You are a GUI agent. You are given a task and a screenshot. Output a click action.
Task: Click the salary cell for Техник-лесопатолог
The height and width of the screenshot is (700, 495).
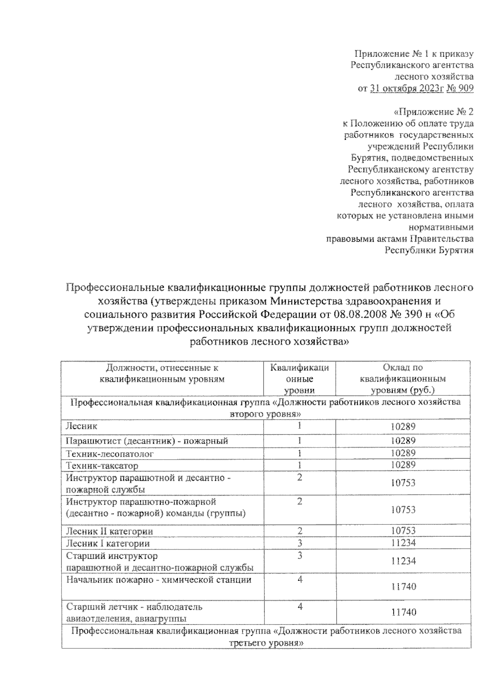point(403,453)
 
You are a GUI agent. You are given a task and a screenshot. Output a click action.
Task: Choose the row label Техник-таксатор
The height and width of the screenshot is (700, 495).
point(102,465)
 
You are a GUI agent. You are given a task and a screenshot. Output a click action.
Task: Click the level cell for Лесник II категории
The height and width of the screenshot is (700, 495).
point(299,531)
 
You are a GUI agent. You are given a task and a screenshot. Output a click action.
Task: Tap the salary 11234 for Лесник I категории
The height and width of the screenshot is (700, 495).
point(403,543)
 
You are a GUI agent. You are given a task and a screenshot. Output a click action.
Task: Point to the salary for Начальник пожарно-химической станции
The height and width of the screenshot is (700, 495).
point(403,586)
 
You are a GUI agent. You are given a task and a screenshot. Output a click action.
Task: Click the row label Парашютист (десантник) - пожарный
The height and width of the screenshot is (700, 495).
point(147,441)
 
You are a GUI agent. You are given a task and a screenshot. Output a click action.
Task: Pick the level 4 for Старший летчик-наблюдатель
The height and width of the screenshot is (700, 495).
point(300,606)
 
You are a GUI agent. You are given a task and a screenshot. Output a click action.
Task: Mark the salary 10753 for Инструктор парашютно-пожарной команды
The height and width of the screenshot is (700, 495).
point(403,510)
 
